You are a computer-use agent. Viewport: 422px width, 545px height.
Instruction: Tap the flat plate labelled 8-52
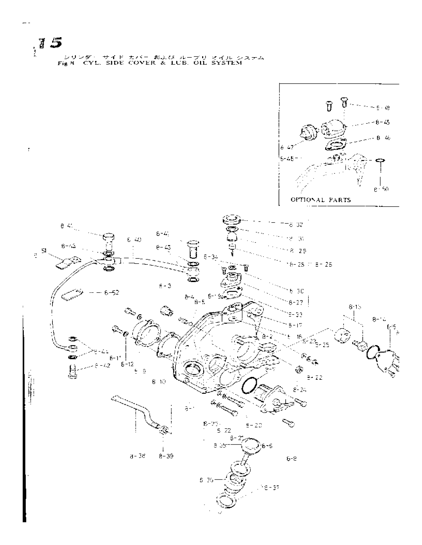72,293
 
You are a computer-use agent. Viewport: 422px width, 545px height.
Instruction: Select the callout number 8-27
295,303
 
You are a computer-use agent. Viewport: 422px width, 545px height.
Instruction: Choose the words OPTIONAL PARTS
321,200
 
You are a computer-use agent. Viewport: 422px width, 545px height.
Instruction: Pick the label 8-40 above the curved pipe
134,240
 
